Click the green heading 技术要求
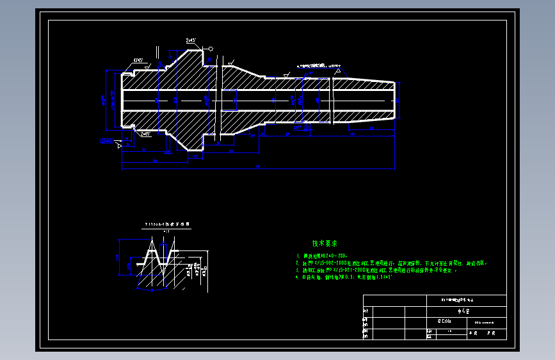coord(325,244)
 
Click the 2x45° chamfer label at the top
coord(191,40)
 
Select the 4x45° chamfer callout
coord(138,60)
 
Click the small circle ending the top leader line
coord(210,49)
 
